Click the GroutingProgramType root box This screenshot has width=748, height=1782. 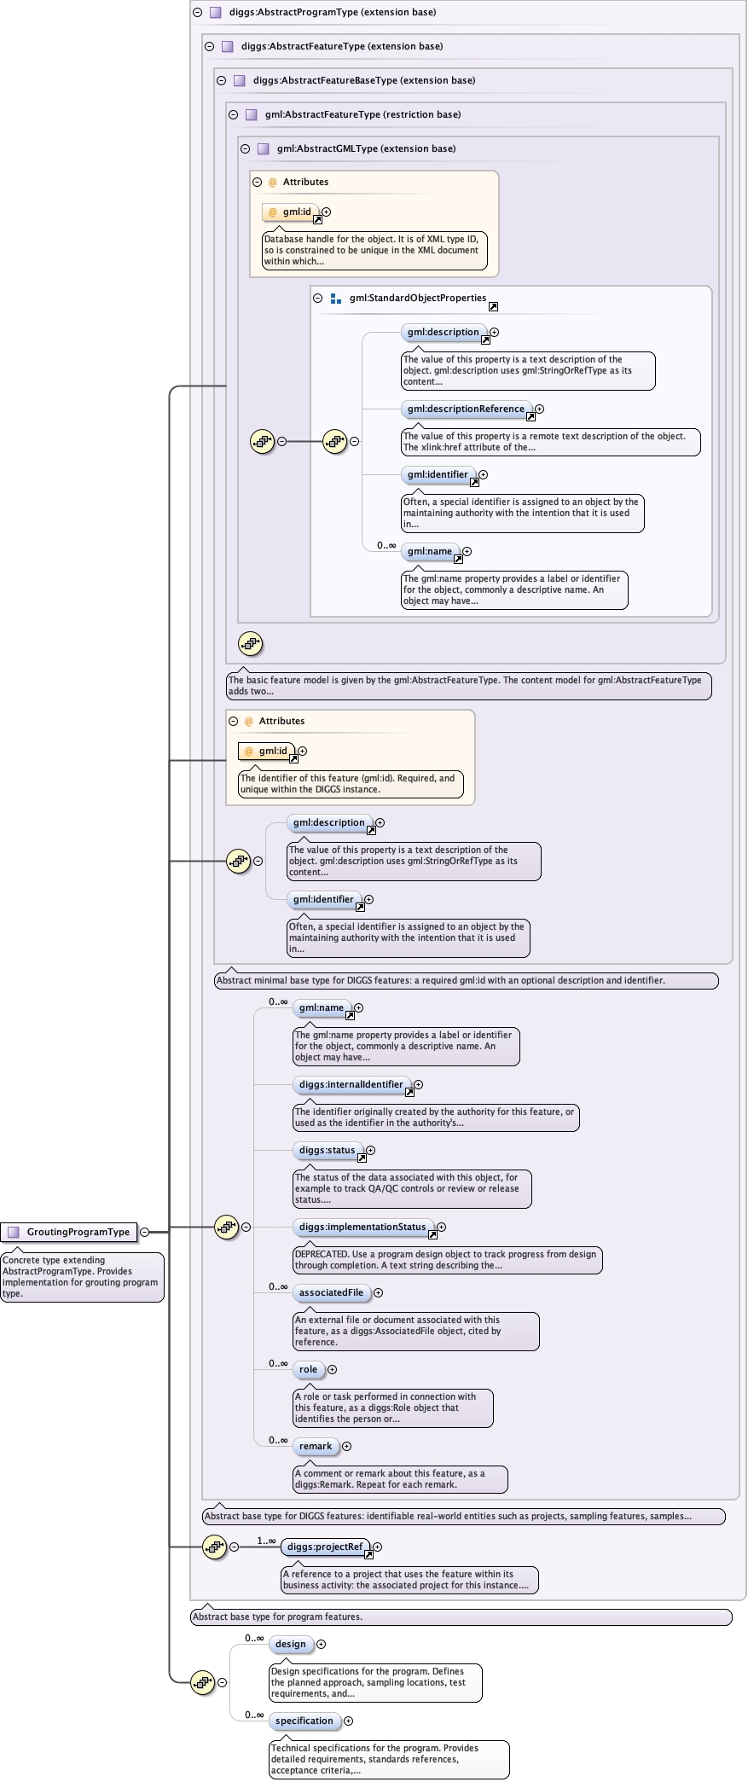click(x=69, y=1232)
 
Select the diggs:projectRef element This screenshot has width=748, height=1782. click(x=325, y=1547)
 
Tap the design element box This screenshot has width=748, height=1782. click(x=291, y=1644)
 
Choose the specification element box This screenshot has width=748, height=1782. click(x=304, y=1721)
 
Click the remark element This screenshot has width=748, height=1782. click(x=316, y=1446)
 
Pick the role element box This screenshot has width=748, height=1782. click(x=309, y=1369)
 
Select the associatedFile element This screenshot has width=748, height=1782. click(x=332, y=1292)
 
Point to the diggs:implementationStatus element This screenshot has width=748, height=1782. click(x=362, y=1227)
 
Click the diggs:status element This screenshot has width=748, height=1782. click(x=328, y=1150)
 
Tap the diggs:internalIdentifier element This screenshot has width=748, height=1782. click(x=351, y=1084)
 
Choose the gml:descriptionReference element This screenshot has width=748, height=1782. click(x=466, y=409)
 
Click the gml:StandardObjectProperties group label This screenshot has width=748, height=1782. click(x=418, y=298)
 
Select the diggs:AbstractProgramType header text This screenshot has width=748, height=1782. click(x=333, y=12)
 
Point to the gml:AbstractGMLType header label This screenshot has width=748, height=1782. click(x=366, y=148)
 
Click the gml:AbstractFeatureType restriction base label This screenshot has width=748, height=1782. click(x=362, y=114)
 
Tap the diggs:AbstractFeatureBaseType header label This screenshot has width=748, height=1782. click(x=364, y=80)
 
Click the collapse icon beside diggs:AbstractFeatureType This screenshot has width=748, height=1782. click(x=209, y=46)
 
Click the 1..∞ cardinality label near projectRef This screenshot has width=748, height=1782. click(x=266, y=1541)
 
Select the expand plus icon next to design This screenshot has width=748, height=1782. click(x=321, y=1644)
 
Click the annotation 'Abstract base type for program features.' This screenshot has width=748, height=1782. click(x=278, y=1617)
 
